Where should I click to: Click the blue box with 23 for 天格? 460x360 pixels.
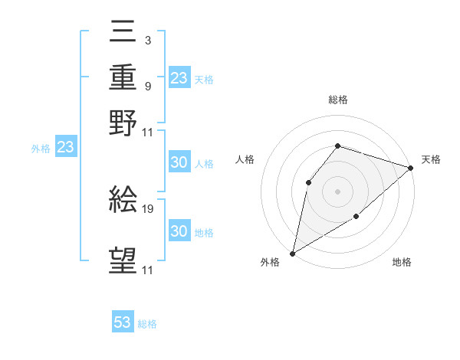click(x=179, y=78)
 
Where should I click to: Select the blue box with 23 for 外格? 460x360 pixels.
click(x=65, y=148)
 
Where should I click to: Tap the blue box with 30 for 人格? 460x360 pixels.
click(x=179, y=163)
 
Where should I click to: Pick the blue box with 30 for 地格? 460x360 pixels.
click(x=179, y=231)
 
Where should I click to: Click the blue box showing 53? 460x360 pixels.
click(x=123, y=323)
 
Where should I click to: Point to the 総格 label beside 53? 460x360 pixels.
click(x=148, y=324)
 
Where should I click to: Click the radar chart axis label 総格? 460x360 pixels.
click(x=337, y=100)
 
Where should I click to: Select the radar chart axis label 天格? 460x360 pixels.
click(x=431, y=159)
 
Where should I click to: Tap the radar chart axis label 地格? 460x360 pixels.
click(x=402, y=263)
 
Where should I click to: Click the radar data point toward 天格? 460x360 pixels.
click(x=411, y=169)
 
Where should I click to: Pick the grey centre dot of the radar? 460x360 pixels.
click(x=337, y=191)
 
